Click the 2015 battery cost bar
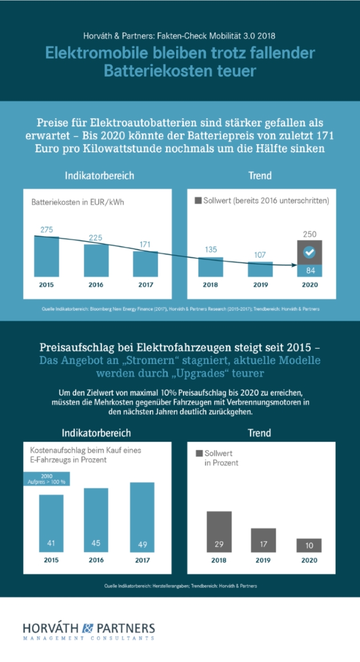click(x=46, y=256)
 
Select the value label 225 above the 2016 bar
click(x=96, y=238)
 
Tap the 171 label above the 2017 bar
click(x=145, y=244)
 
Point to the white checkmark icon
click(x=309, y=253)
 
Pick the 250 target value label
click(x=309, y=234)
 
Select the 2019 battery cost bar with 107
click(x=260, y=269)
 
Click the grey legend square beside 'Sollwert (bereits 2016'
click(x=198, y=202)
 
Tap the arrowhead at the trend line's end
click(x=295, y=265)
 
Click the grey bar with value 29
click(x=219, y=532)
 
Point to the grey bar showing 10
click(x=309, y=545)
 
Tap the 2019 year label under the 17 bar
click(x=263, y=561)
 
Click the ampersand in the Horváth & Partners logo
click(x=86, y=628)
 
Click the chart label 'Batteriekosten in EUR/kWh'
click(x=77, y=202)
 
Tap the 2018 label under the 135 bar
click(x=210, y=285)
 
